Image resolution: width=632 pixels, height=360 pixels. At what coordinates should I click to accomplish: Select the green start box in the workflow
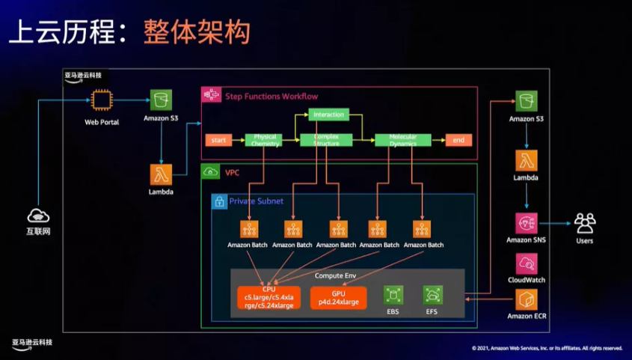click(218, 140)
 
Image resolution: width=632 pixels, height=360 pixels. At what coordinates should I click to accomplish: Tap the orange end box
click(458, 140)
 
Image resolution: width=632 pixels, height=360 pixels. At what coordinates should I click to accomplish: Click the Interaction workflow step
click(328, 115)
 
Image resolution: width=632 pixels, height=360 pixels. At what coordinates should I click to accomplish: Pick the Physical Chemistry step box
click(266, 140)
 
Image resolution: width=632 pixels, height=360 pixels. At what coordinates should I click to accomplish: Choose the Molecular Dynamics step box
click(402, 140)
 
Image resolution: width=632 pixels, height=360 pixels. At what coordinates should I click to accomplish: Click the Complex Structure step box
click(326, 140)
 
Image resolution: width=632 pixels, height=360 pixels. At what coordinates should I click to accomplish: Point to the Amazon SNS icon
click(527, 223)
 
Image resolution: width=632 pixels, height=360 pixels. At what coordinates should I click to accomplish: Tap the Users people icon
click(585, 223)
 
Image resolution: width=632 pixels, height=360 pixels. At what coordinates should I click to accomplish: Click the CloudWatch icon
click(527, 263)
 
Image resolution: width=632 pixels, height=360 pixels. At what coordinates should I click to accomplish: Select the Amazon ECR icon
click(527, 299)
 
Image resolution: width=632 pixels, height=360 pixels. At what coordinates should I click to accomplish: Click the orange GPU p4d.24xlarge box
click(338, 297)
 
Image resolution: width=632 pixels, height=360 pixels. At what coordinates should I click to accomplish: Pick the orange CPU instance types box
click(269, 297)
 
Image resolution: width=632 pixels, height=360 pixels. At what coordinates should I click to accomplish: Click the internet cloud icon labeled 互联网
click(38, 216)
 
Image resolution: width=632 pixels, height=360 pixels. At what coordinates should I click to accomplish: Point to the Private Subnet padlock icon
click(219, 201)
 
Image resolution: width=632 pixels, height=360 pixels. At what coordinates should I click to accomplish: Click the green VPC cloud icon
click(211, 172)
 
